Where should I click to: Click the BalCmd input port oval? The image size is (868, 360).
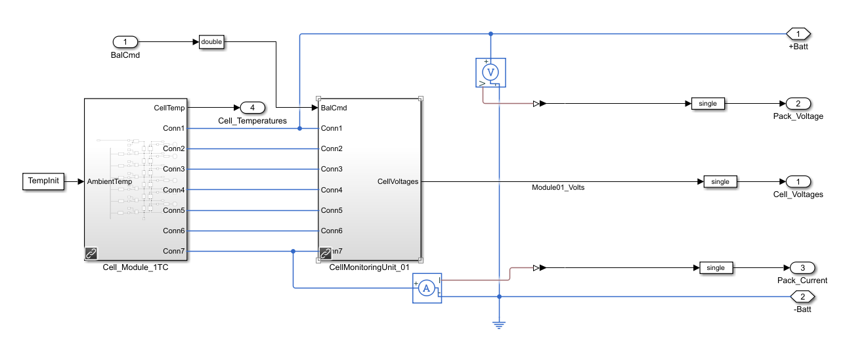(125, 42)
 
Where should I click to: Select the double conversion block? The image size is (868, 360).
(211, 42)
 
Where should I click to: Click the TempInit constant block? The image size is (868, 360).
(45, 182)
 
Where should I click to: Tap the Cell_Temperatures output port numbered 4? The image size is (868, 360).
(253, 107)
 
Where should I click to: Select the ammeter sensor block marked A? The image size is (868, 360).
(426, 288)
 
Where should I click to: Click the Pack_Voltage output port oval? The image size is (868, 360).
(798, 103)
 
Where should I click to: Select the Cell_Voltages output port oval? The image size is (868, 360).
(798, 181)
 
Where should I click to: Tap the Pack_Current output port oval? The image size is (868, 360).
(802, 267)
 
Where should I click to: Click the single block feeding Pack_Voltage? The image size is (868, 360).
(708, 103)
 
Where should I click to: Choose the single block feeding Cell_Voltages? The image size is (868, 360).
(720, 181)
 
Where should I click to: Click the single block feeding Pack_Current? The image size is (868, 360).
(716, 267)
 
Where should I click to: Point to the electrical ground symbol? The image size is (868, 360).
(499, 324)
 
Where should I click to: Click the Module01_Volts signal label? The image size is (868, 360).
(558, 187)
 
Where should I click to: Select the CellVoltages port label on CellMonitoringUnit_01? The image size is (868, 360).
(398, 181)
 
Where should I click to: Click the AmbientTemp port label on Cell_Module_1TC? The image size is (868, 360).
(109, 182)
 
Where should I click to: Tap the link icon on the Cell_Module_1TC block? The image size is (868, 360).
(91, 253)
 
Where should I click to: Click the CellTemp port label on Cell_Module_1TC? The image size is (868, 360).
(169, 108)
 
